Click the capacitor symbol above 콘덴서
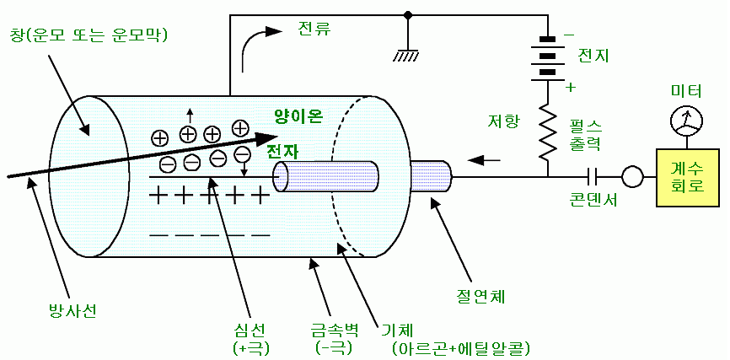[593, 176]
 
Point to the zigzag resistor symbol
[547, 130]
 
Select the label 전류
[314, 28]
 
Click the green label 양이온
[298, 116]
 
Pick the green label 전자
[282, 152]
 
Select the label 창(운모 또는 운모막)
[89, 35]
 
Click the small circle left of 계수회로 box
[632, 176]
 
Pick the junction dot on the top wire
[409, 14]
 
